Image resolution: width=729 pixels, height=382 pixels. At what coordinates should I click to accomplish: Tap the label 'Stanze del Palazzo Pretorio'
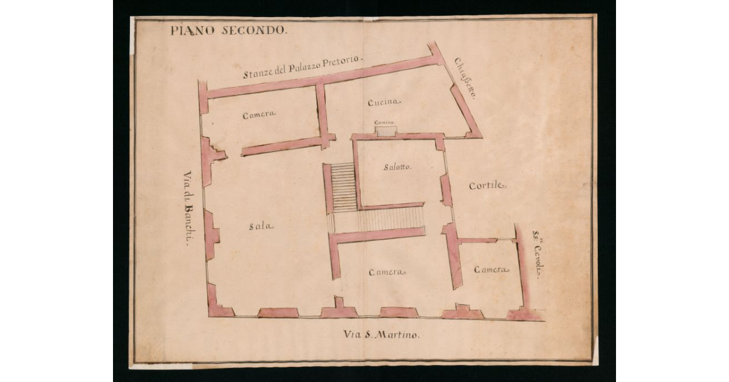[302, 66]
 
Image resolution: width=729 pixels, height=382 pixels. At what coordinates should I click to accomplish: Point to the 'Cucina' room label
[384, 102]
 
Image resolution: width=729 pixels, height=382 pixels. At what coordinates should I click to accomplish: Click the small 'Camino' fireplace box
[385, 130]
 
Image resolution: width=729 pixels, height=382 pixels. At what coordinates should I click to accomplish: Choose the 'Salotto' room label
[397, 167]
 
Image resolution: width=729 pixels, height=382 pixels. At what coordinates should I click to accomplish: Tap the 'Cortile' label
[487, 186]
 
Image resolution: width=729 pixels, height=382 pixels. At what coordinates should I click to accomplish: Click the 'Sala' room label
[261, 226]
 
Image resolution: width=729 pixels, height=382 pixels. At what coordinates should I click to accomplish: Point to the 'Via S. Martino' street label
[381, 335]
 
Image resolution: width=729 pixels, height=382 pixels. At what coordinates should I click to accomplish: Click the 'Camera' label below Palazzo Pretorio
[259, 114]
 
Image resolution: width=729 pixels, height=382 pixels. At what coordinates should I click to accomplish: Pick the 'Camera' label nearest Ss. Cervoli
[491, 269]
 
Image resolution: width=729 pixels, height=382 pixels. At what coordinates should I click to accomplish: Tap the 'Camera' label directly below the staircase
[387, 272]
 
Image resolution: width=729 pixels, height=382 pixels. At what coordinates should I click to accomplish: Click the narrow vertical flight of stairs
[344, 187]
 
